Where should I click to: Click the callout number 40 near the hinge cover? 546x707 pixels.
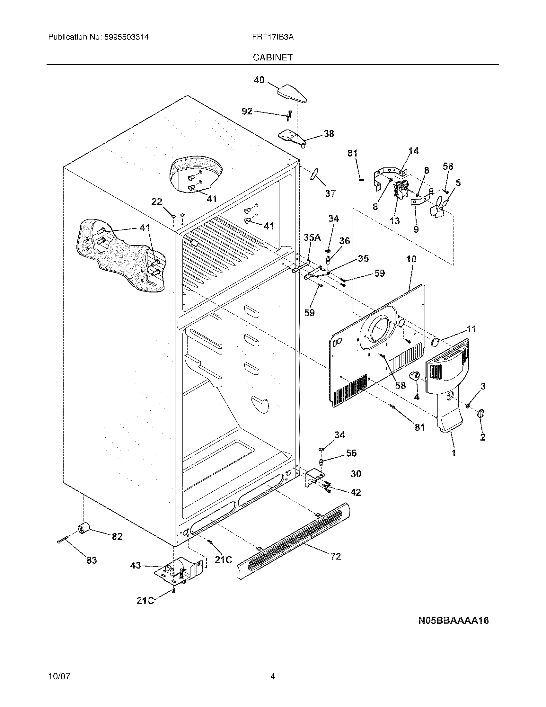(x=259, y=80)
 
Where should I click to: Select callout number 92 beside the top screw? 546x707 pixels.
(x=247, y=112)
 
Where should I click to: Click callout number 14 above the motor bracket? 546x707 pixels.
(x=413, y=151)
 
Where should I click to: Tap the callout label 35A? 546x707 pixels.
(x=312, y=238)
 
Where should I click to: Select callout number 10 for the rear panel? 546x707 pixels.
(x=411, y=259)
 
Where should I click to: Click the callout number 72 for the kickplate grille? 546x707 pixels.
(x=335, y=557)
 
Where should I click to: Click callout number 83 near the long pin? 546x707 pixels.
(x=92, y=560)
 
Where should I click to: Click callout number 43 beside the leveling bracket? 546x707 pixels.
(x=136, y=565)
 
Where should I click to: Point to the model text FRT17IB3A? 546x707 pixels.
(x=273, y=37)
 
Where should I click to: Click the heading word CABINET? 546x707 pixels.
(x=273, y=57)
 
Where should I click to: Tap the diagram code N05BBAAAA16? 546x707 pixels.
(x=454, y=620)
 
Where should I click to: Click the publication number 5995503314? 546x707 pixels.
(x=127, y=37)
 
